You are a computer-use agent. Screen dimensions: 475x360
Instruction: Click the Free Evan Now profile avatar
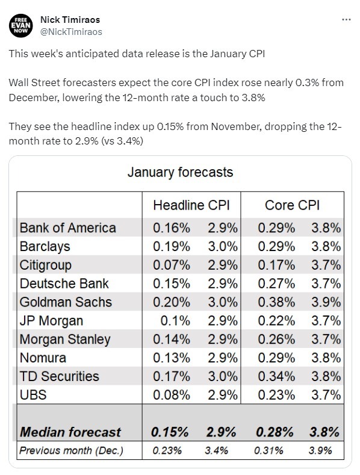point(21,25)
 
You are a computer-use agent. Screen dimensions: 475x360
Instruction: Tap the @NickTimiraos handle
point(72,31)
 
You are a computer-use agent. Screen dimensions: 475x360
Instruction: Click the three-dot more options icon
point(346,19)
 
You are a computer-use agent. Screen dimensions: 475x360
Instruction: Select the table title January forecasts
point(180,172)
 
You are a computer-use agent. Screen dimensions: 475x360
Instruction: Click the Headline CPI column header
point(187,205)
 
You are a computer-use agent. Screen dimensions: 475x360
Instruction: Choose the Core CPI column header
point(292,205)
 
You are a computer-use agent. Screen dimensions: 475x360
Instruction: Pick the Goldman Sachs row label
point(66,302)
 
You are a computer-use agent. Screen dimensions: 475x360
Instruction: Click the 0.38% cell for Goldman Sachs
point(276,302)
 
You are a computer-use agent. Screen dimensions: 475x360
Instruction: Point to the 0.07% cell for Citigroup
point(172,265)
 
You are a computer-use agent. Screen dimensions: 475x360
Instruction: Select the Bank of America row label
point(67,228)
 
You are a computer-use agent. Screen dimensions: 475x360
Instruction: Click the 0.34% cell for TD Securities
point(276,376)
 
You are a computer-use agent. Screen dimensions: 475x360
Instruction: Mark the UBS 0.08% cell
point(172,395)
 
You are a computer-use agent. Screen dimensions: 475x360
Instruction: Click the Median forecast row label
point(70,432)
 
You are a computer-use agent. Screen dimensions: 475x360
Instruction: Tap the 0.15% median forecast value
point(170,432)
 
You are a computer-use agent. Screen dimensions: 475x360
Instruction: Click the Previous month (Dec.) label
point(71,450)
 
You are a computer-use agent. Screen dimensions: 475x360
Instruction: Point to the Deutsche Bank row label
point(65,284)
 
